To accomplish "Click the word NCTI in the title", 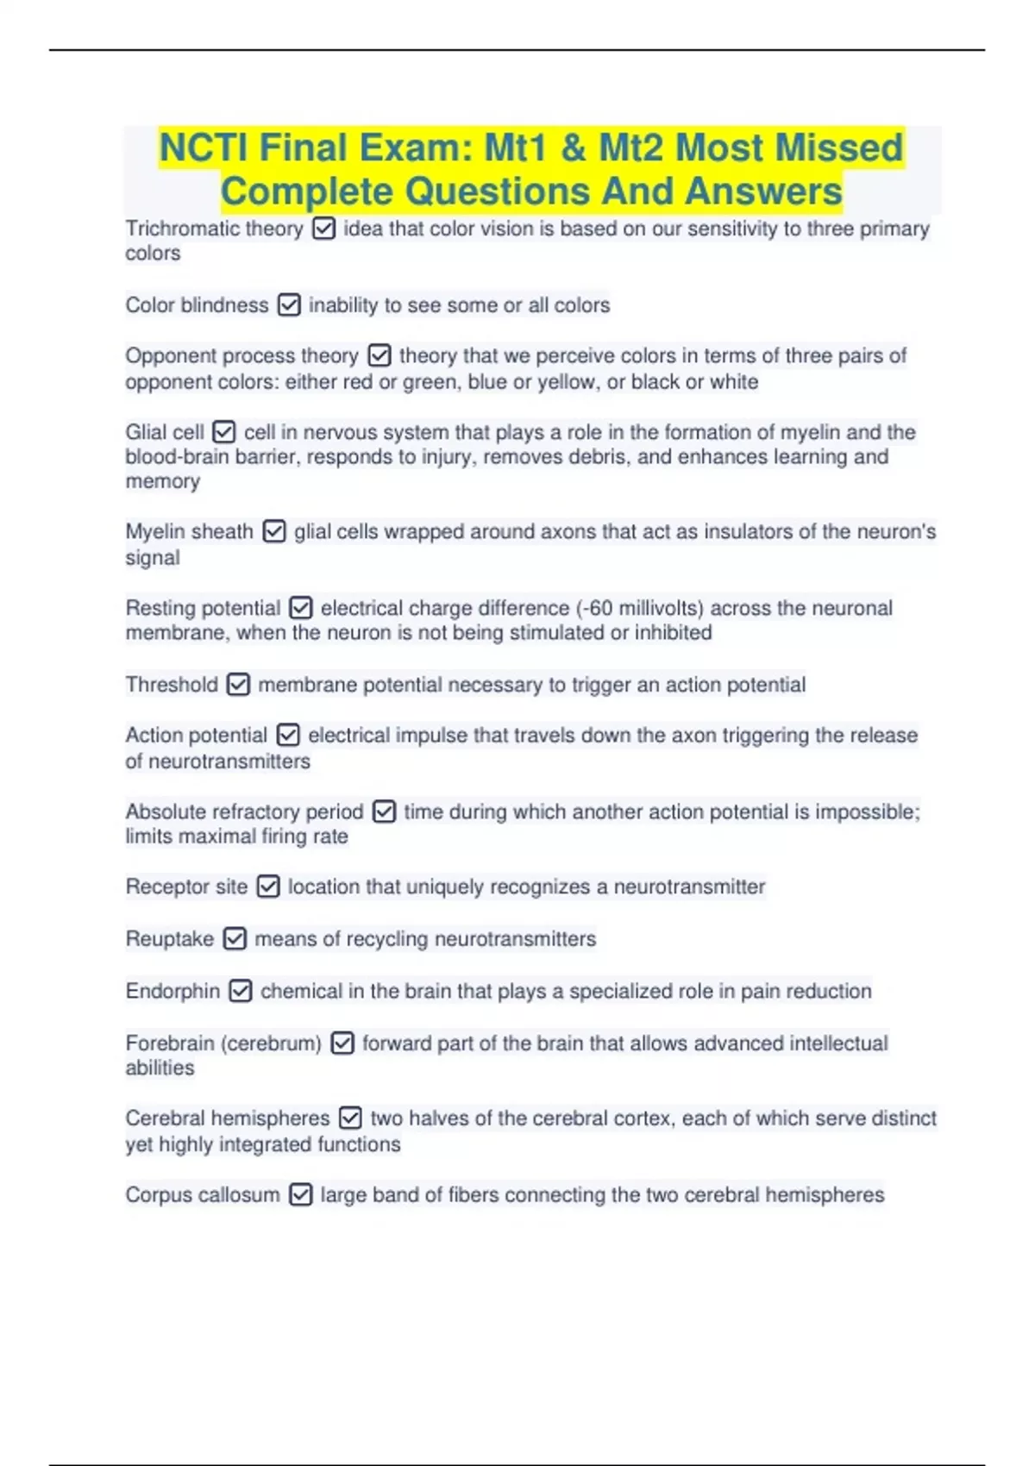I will point(204,147).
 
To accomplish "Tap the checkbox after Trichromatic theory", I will point(323,229).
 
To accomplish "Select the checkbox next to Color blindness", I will point(289,305).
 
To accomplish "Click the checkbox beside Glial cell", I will point(224,432).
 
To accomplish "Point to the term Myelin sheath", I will point(189,532).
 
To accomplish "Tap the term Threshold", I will point(172,685).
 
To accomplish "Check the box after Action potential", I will point(288,736).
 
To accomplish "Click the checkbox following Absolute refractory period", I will point(384,811).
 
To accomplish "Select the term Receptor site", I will point(186,886).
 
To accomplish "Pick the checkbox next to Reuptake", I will point(235,938).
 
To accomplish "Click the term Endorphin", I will point(172,991).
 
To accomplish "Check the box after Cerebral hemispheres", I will point(350,1118).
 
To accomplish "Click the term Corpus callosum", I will point(203,1195).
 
